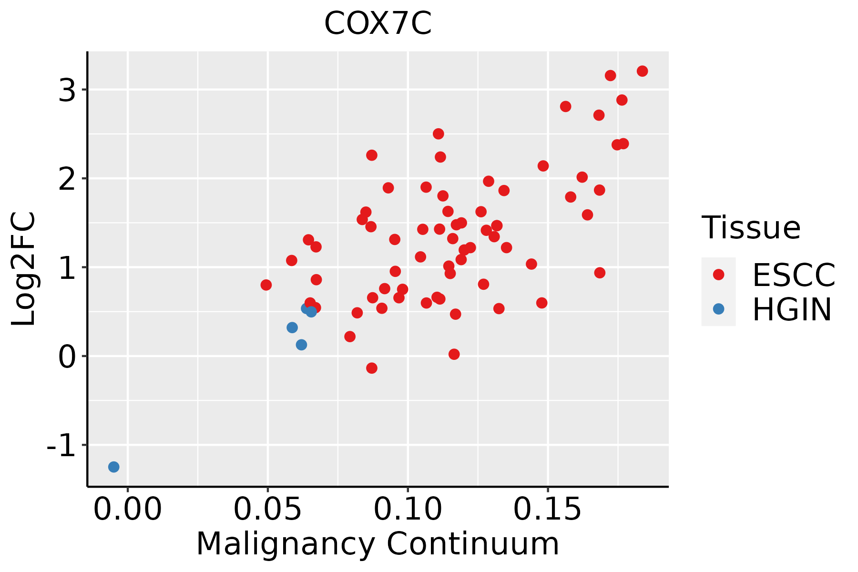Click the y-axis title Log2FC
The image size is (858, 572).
24,269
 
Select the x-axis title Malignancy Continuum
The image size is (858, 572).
378,544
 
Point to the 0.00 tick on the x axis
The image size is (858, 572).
128,510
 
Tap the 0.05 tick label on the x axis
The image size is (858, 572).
267,510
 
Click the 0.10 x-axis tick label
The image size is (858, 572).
408,510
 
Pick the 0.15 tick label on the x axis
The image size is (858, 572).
548,510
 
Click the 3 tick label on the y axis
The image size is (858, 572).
67,90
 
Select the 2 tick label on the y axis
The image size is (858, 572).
67,179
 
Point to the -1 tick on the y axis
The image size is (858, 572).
61,445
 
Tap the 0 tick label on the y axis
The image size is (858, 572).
67,356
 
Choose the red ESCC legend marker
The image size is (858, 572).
718,275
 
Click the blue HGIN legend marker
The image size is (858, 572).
718,309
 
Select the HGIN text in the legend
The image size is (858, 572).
792,309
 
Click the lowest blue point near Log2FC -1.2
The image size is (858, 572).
113,467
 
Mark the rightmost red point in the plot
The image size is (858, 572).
642,71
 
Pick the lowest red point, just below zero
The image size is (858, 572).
372,368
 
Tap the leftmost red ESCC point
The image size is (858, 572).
266,285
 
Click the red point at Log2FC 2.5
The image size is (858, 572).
439,134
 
